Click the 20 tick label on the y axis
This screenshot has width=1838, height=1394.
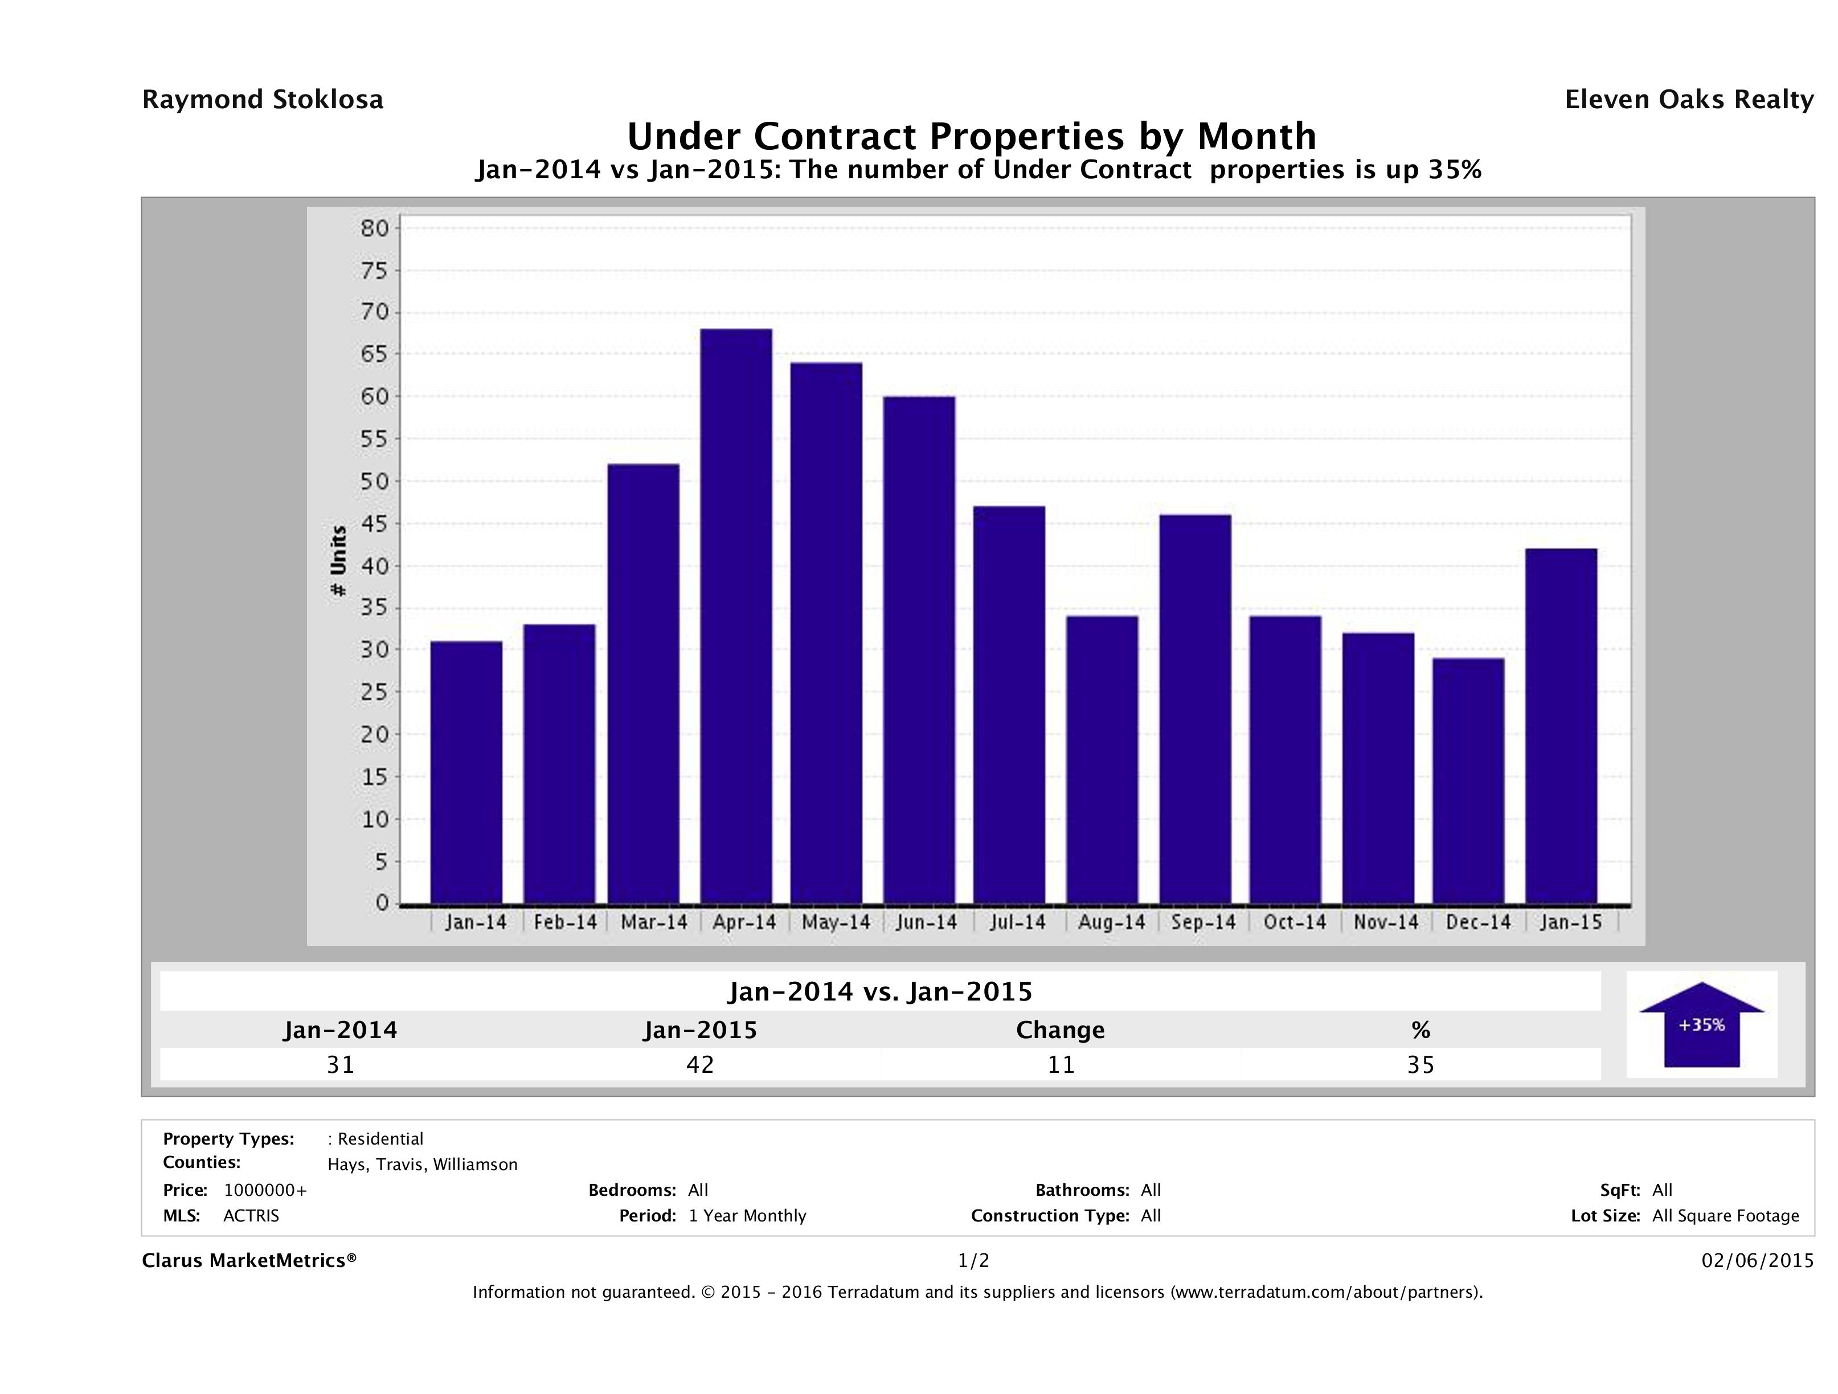375,735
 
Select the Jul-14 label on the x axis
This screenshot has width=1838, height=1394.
1017,922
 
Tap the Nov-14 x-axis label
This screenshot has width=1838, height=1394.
1385,922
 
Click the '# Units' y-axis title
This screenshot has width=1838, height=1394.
338,561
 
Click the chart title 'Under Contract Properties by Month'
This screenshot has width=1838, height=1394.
971,136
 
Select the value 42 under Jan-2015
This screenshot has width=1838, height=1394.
699,1064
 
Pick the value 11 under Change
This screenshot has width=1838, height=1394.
1061,1064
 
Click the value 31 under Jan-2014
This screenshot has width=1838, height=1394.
341,1064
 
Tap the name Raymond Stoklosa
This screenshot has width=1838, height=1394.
263,100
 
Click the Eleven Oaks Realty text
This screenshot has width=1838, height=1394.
1688,100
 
